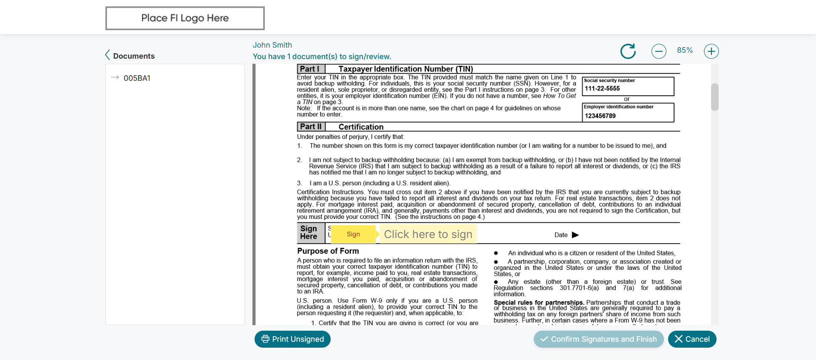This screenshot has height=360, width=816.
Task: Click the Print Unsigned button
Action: pyautogui.click(x=292, y=339)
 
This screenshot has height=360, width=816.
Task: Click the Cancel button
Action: pyautogui.click(x=692, y=339)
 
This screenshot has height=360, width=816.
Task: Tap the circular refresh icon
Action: pyautogui.click(x=628, y=51)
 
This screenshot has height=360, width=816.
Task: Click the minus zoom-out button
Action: pyautogui.click(x=659, y=51)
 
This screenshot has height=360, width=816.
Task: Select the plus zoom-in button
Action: pyautogui.click(x=711, y=51)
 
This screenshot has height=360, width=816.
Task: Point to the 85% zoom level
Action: pyautogui.click(x=685, y=50)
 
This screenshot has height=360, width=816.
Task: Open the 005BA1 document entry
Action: pyautogui.click(x=137, y=78)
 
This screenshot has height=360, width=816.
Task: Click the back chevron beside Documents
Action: pyautogui.click(x=108, y=55)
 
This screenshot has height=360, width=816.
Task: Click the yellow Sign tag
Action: pyautogui.click(x=353, y=234)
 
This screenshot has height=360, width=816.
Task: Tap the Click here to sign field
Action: pyautogui.click(x=428, y=234)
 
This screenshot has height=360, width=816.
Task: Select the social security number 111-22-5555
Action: pyautogui.click(x=602, y=88)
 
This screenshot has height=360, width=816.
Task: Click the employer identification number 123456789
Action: pyautogui.click(x=600, y=116)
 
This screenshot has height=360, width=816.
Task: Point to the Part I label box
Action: pyautogui.click(x=311, y=69)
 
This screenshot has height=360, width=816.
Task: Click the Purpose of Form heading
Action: pyautogui.click(x=328, y=251)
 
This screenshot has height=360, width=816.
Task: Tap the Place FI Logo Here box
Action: pyautogui.click(x=185, y=18)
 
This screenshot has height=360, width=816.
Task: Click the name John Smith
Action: pyautogui.click(x=272, y=45)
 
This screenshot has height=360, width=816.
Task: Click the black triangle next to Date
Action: pyautogui.click(x=575, y=235)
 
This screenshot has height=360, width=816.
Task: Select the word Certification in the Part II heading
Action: pyautogui.click(x=361, y=127)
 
